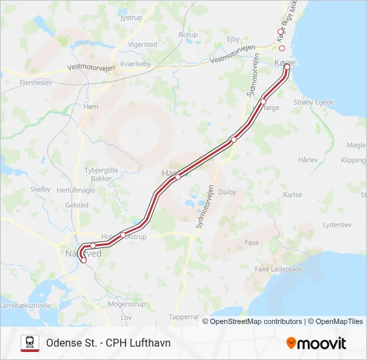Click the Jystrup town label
[131, 18]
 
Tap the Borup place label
[188, 35]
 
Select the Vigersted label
[142, 45]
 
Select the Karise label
[292, 195]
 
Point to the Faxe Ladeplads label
[280, 269]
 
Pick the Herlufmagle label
[77, 190]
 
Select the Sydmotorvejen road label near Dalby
[205, 207]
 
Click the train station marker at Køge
[287, 67]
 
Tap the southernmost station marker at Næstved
[84, 261]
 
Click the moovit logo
[316, 343]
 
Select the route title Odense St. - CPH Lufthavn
[108, 343]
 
